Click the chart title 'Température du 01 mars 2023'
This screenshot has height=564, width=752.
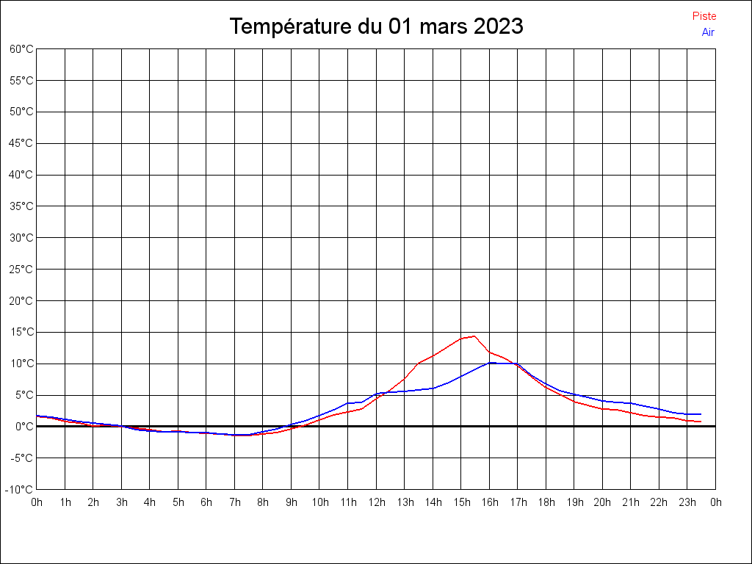coord(376,26)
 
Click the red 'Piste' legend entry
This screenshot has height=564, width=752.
coord(704,16)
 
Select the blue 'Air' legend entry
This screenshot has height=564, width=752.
coord(708,32)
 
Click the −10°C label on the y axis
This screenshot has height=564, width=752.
coord(21,490)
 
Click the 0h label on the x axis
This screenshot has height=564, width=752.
coord(37,503)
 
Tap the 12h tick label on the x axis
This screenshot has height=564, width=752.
coord(377,503)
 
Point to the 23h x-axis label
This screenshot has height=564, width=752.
coord(687,503)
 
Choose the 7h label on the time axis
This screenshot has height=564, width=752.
coord(235,503)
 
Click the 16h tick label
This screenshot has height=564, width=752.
coord(490,503)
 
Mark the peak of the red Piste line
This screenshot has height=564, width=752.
coord(474,336)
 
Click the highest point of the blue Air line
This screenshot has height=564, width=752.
coord(491,362)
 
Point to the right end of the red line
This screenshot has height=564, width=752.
coord(701,422)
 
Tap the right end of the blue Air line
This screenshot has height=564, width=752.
coord(701,414)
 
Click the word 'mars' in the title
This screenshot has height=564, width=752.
coord(443,26)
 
